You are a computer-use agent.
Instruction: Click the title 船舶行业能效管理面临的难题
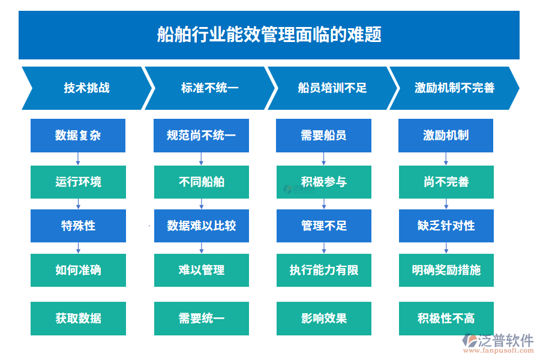(x=269, y=35)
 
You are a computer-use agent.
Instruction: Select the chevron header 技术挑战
(x=86, y=88)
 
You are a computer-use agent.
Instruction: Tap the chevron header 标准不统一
(x=209, y=88)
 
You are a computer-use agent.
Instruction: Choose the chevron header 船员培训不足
(x=332, y=88)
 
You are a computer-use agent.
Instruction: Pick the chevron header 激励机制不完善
(x=454, y=88)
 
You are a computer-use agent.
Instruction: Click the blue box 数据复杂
(x=78, y=136)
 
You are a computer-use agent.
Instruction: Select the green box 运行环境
(x=78, y=182)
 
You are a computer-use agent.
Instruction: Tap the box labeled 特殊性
(x=78, y=226)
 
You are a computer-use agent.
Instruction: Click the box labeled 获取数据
(x=78, y=318)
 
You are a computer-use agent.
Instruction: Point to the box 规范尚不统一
(x=201, y=136)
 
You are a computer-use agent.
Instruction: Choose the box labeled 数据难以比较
(x=201, y=226)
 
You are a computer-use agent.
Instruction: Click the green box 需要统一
(x=201, y=318)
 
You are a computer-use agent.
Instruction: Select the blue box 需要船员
(x=323, y=136)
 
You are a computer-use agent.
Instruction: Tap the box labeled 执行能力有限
(x=323, y=270)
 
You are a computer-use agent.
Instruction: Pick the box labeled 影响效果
(x=323, y=318)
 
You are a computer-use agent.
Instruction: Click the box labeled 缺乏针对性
(x=446, y=226)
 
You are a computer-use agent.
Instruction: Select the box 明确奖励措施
(x=446, y=270)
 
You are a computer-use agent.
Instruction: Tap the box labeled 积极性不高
(x=446, y=318)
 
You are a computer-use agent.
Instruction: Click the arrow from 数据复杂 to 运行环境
(x=78, y=159)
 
